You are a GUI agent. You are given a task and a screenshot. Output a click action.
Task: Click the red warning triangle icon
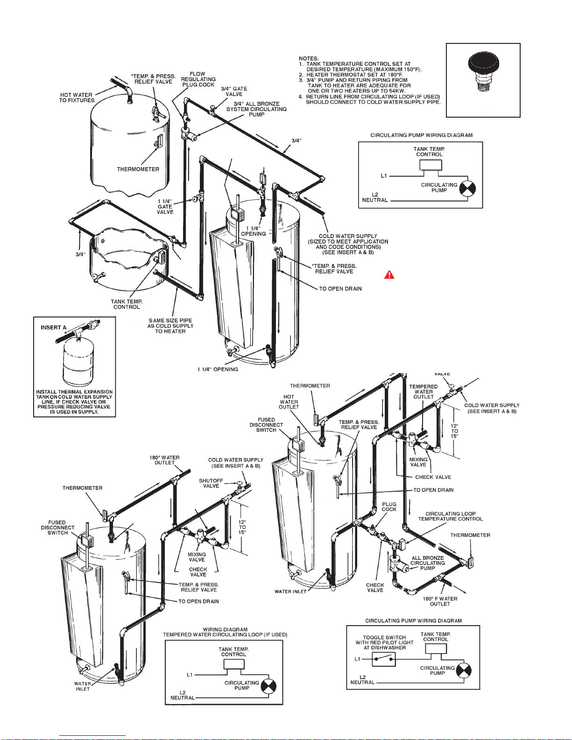click(x=389, y=275)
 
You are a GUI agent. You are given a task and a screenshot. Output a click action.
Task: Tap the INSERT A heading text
click(x=53, y=327)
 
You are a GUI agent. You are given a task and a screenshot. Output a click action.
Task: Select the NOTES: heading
click(x=309, y=59)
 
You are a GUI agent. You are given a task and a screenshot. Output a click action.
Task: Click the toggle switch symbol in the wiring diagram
click(x=383, y=659)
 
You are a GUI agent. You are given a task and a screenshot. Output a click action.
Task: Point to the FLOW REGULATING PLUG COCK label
click(x=198, y=79)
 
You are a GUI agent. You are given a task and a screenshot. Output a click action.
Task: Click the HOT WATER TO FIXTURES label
click(x=77, y=98)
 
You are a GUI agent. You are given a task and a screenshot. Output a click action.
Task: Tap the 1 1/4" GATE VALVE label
click(x=165, y=206)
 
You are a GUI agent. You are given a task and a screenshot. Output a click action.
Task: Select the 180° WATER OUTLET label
click(x=164, y=460)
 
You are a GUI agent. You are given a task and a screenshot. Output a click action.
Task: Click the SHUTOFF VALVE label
click(x=211, y=483)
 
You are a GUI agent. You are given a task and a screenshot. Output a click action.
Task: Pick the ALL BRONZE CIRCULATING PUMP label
click(x=428, y=563)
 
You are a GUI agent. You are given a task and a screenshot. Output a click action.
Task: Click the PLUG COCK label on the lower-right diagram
click(x=389, y=507)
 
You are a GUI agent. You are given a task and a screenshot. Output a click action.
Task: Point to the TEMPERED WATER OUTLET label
click(x=424, y=392)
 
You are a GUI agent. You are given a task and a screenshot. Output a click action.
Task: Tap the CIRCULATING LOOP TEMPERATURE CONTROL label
click(x=450, y=516)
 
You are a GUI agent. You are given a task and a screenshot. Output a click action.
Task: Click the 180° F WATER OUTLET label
click(x=440, y=601)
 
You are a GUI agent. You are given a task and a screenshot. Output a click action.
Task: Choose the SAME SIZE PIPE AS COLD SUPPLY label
click(x=170, y=326)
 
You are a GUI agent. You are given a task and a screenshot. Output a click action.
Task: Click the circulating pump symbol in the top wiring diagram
click(x=467, y=189)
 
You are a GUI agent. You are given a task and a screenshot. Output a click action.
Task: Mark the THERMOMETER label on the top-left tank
click(x=138, y=169)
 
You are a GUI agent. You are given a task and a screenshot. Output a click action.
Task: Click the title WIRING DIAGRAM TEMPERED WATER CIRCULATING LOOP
click(x=225, y=632)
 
